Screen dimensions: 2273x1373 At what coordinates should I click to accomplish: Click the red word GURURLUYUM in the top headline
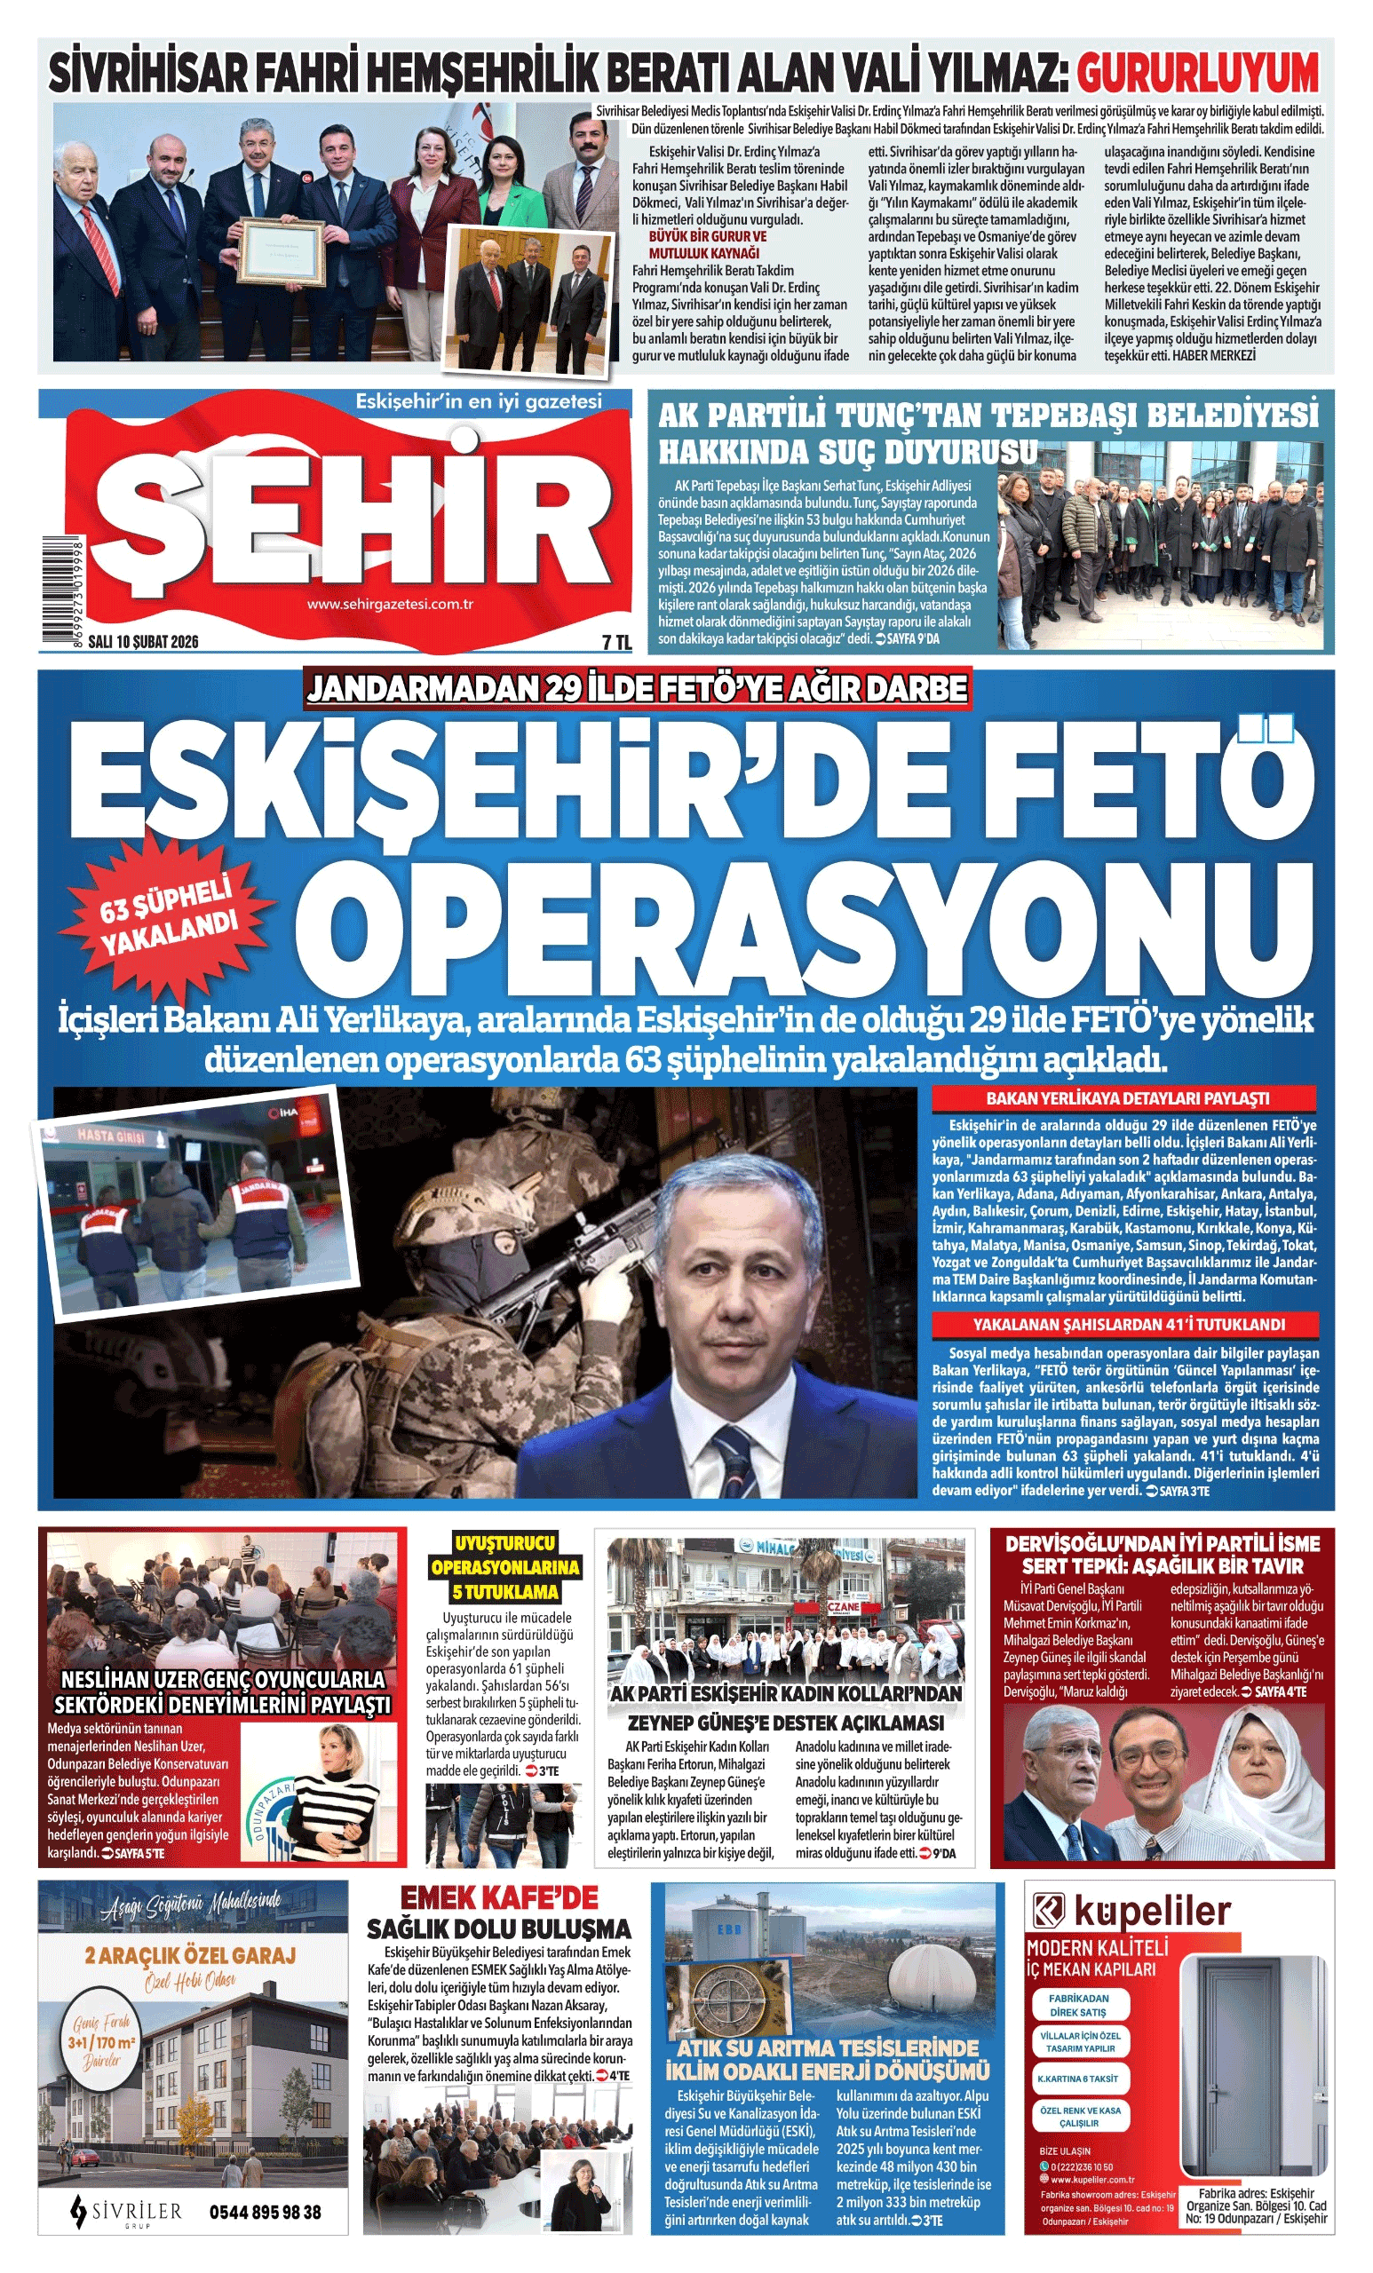pyautogui.click(x=1197, y=73)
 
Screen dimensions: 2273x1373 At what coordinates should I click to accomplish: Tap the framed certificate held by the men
pyautogui.click(x=282, y=251)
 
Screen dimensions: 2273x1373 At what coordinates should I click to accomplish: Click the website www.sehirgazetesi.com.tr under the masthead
pyautogui.click(x=389, y=605)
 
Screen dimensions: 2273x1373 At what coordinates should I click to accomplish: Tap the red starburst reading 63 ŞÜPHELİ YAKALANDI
pyautogui.click(x=168, y=915)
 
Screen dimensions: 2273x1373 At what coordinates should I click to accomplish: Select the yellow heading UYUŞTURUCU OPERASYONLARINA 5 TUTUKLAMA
pyautogui.click(x=504, y=1567)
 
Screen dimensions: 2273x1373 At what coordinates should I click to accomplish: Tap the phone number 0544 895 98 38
pyautogui.click(x=265, y=2212)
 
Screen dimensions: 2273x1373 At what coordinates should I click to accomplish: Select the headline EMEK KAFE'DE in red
pyautogui.click(x=498, y=1897)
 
